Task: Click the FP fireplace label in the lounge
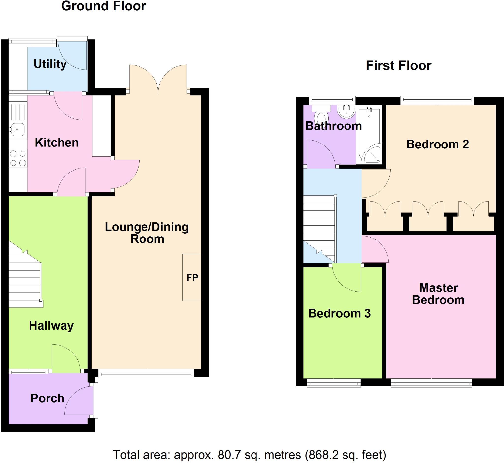click(192, 278)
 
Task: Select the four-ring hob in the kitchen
click(18, 158)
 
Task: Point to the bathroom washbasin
click(346, 112)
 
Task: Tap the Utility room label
click(50, 64)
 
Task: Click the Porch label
click(47, 398)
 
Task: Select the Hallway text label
click(51, 326)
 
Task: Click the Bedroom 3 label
click(339, 313)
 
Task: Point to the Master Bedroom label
click(438, 294)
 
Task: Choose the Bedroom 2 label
click(437, 144)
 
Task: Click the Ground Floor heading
click(103, 6)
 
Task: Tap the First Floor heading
click(398, 66)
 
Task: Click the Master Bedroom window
click(431, 383)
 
